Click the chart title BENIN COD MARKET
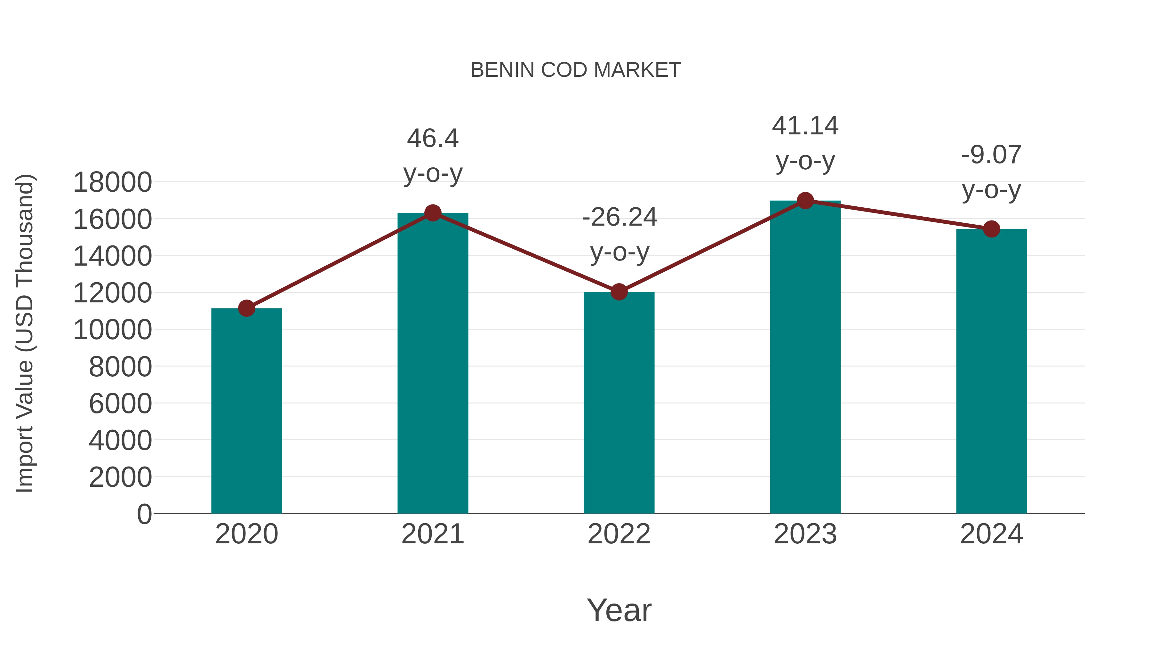(x=576, y=70)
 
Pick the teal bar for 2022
(x=619, y=403)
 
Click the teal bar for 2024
(x=991, y=371)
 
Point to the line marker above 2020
(x=246, y=308)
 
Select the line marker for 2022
(x=619, y=292)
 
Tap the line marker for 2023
(x=805, y=201)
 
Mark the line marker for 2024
(x=991, y=229)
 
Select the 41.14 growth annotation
(x=805, y=143)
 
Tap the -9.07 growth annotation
(x=991, y=172)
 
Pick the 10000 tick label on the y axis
(x=112, y=330)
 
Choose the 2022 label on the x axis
(x=619, y=534)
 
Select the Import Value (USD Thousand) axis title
(x=25, y=333)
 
